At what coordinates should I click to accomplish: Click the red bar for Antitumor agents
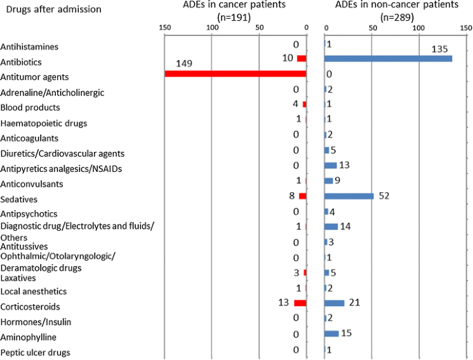tap(235, 73)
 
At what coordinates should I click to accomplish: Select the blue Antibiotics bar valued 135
tap(388, 59)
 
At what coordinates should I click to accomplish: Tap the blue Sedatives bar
tap(349, 196)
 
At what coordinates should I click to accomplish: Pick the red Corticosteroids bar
tap(300, 303)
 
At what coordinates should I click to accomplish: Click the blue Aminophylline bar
tap(331, 333)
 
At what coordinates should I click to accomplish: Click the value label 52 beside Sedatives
tap(385, 196)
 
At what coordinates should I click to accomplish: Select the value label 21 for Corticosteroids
tap(355, 303)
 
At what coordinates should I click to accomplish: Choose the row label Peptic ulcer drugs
tap(35, 353)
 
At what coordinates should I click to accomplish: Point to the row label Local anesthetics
tap(34, 292)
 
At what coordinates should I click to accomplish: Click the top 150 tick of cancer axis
tap(164, 28)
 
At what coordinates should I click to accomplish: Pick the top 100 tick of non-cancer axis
tap(418, 28)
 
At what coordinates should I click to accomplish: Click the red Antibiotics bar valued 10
tap(301, 59)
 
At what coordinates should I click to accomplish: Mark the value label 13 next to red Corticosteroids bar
tap(282, 302)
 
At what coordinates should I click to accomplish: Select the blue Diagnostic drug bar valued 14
tap(331, 227)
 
